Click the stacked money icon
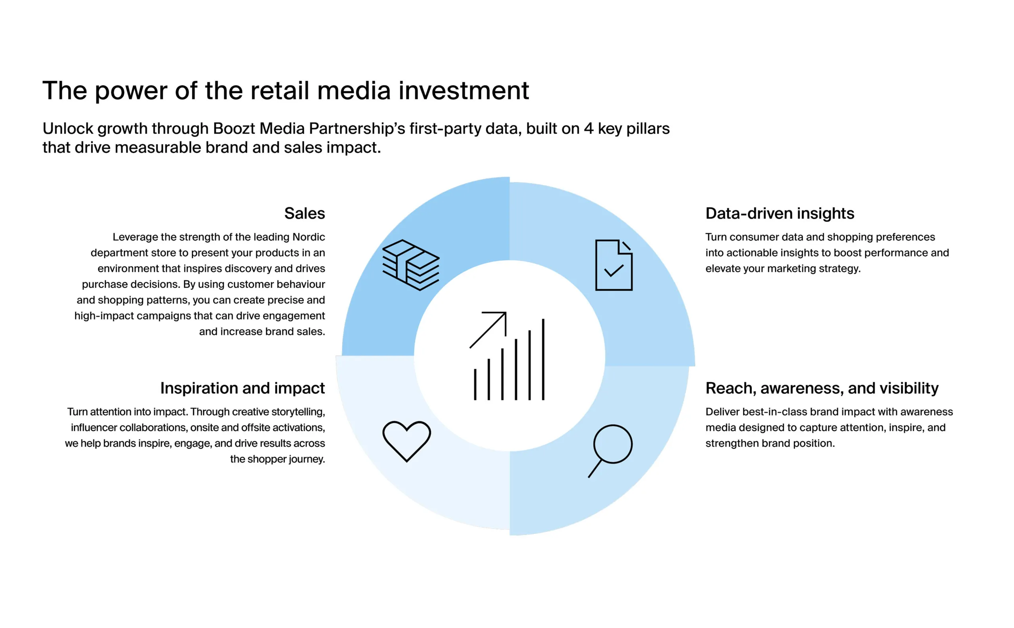(410, 265)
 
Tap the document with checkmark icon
(614, 265)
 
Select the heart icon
(407, 441)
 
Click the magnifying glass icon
(610, 451)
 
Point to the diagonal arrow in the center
(488, 329)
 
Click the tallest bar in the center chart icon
(543, 359)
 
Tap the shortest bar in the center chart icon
(475, 384)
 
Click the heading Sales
(304, 213)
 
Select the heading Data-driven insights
(780, 213)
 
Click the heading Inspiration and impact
(242, 388)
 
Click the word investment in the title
(463, 91)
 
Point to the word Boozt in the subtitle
(234, 128)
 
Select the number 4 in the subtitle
(588, 129)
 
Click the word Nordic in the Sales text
(309, 237)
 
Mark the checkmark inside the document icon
(614, 270)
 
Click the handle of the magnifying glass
(595, 469)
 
